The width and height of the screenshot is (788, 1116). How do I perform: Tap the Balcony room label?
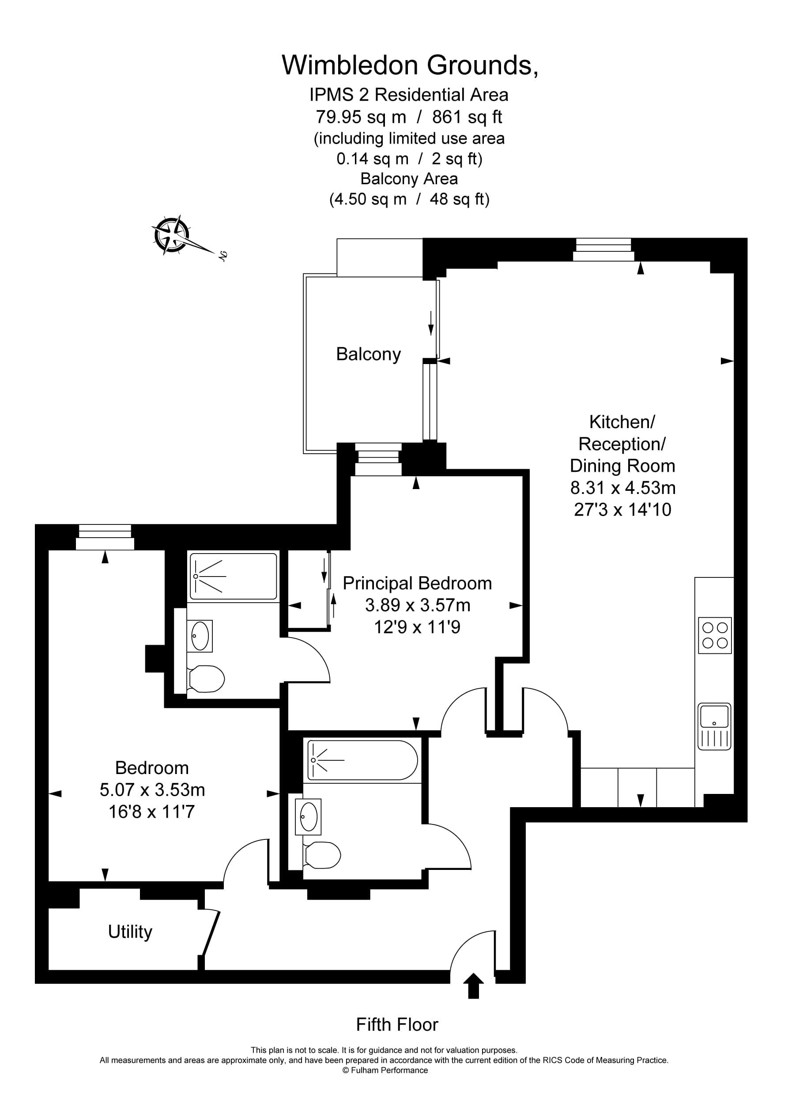[368, 354]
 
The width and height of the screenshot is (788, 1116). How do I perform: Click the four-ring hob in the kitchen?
[715, 635]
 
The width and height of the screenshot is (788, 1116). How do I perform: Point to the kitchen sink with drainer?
[714, 726]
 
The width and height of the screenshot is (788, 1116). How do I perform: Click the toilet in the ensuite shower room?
[207, 679]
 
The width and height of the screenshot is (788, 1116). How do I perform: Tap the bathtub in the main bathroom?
[362, 760]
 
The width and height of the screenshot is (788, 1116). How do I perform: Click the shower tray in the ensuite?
[233, 576]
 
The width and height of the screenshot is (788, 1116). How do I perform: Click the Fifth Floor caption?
[397, 1025]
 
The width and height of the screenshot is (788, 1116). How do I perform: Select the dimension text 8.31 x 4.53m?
[622, 487]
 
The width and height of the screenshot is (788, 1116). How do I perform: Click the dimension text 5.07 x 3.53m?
[152, 790]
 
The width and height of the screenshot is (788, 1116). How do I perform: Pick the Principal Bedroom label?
[417, 583]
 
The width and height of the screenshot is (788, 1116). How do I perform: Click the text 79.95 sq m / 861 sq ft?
[409, 117]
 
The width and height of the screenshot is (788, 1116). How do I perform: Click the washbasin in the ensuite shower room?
[200, 635]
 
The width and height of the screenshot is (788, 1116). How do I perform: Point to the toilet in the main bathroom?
[322, 855]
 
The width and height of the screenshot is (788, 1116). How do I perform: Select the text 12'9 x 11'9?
[417, 627]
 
